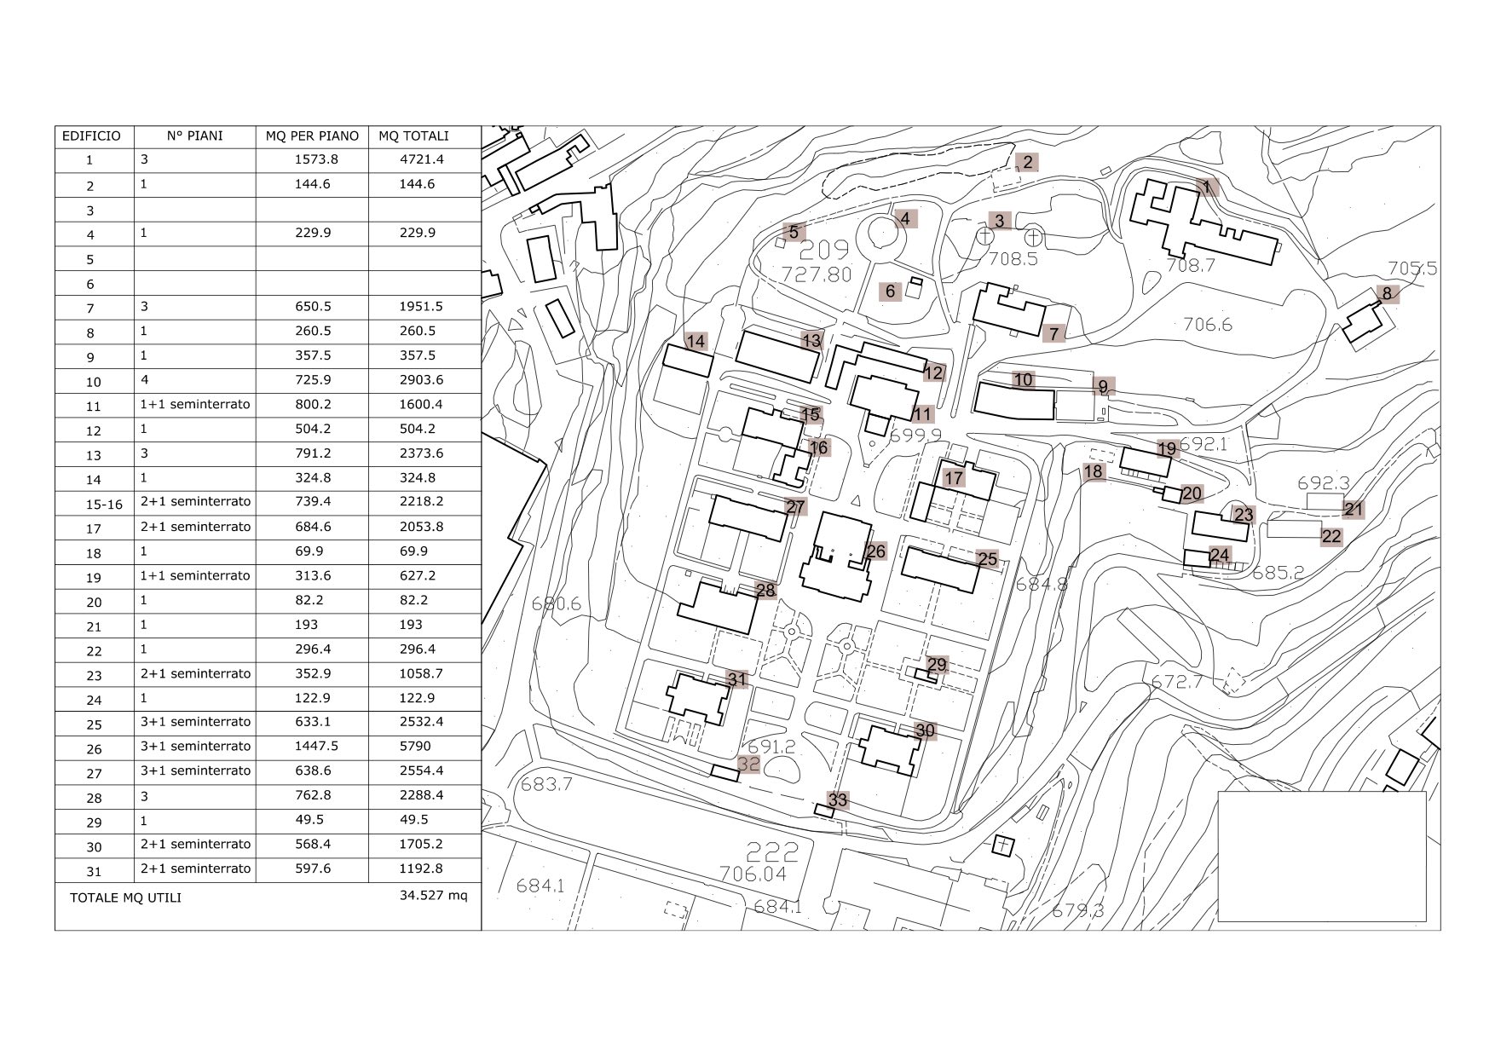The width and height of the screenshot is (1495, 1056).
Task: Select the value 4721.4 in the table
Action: coord(422,159)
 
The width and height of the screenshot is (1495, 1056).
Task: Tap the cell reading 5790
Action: coord(415,746)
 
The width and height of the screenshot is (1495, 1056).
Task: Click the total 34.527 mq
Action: coord(433,895)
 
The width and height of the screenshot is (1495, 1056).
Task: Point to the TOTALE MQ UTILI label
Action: coord(125,897)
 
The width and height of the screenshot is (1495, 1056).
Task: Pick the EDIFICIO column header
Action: coord(92,136)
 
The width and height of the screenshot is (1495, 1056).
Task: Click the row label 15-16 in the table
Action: coord(104,505)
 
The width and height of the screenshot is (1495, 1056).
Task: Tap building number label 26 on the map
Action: coord(875,551)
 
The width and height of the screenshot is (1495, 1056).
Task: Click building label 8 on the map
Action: coord(1387,294)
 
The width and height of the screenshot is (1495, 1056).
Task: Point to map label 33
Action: coord(838,799)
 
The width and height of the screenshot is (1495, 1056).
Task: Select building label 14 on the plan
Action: coord(696,342)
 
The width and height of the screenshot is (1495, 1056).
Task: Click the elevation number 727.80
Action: coord(817,274)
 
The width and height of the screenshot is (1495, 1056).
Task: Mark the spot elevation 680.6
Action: coord(556,604)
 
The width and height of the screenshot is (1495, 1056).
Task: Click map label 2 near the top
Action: coord(1027,162)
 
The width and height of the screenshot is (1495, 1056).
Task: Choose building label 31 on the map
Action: coord(737,679)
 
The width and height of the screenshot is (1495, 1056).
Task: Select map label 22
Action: coord(1331,536)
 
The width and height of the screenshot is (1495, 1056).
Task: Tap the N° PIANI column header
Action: coord(194,136)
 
